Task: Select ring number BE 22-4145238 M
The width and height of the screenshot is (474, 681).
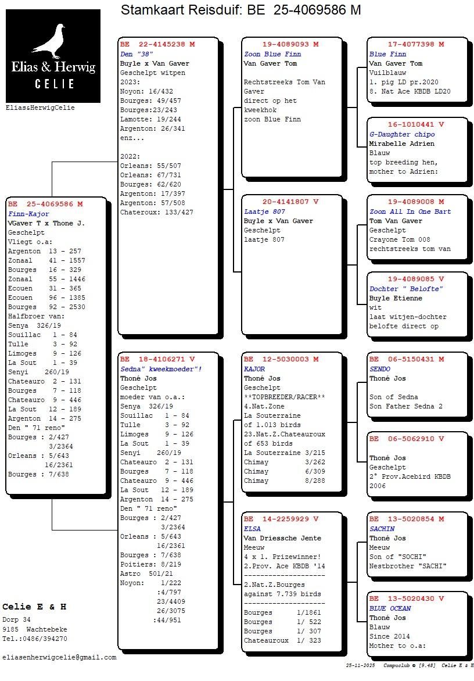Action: tap(157, 44)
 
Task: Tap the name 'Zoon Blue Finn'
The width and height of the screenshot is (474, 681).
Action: tap(272, 54)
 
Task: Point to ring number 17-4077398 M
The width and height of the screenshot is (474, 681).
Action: tap(416, 44)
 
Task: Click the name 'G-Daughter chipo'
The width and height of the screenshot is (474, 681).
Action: tap(402, 134)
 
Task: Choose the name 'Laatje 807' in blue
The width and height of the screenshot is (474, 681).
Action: tap(264, 212)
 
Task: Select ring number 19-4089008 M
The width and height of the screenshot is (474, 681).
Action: tap(416, 202)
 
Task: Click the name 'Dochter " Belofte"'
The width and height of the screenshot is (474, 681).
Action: tap(406, 289)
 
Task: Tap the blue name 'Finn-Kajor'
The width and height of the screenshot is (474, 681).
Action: tap(29, 214)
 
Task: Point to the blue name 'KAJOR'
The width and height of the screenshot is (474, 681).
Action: tap(254, 369)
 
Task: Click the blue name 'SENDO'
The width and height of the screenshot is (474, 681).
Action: tap(380, 369)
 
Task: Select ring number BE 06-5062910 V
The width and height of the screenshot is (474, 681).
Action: tap(407, 439)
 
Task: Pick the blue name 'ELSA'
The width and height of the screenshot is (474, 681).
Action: tap(252, 529)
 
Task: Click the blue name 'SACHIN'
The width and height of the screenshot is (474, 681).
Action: tap(382, 529)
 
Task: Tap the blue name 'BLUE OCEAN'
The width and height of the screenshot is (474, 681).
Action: tap(390, 608)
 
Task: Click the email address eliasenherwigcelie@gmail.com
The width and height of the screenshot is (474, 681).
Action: tap(59, 657)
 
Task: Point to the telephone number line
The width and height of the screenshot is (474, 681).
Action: tap(34, 639)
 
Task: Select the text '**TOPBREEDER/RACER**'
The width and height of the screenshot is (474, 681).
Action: tap(284, 397)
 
